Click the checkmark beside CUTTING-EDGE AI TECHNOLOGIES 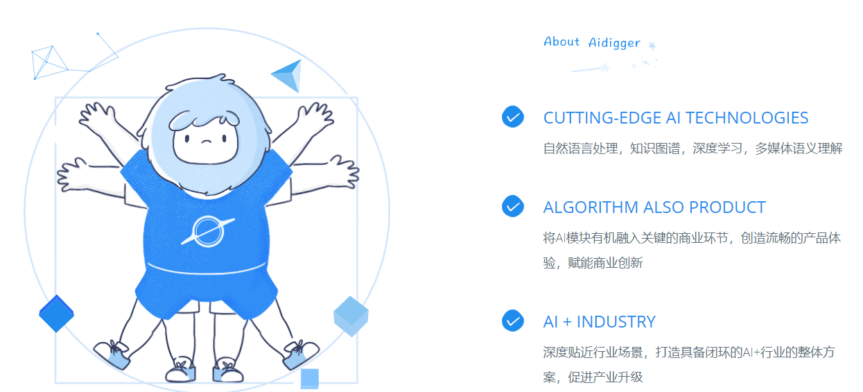click(x=513, y=117)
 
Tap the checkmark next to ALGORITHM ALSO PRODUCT click(x=513, y=206)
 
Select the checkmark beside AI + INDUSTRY click(x=513, y=321)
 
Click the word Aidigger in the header click(x=614, y=43)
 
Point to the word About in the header click(x=561, y=41)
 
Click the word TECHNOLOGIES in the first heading click(x=747, y=118)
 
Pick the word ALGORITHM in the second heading click(x=591, y=207)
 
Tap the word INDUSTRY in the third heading click(x=616, y=322)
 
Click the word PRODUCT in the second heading click(x=727, y=207)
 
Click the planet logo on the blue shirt click(x=208, y=231)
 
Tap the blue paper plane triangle click(x=288, y=76)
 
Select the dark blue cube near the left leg click(x=56, y=314)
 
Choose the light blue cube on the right click(x=351, y=316)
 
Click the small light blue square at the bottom click(x=310, y=378)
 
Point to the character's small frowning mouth click(x=207, y=141)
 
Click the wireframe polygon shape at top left click(x=49, y=62)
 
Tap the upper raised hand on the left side click(x=96, y=116)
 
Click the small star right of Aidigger click(x=652, y=46)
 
